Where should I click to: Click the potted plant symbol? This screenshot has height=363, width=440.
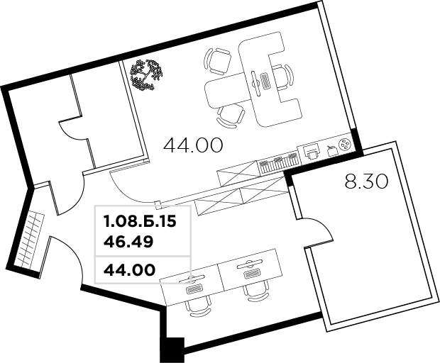tap(146, 75)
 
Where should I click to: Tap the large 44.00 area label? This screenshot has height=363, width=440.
tap(193, 145)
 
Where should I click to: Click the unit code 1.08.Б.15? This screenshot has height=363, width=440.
tap(140, 222)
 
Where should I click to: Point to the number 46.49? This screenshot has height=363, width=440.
tap(128, 242)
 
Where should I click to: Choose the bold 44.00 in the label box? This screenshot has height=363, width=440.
tap(129, 270)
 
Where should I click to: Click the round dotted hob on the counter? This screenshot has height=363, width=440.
tap(345, 145)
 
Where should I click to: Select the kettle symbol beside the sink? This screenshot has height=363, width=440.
tap(332, 150)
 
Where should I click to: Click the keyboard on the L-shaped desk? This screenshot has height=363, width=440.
tap(265, 80)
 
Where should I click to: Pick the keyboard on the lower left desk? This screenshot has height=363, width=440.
tap(194, 289)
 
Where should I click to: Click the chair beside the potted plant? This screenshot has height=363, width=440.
tap(217, 62)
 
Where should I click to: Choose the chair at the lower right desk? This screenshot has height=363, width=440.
tap(256, 291)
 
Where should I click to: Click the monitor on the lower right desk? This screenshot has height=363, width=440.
tap(249, 262)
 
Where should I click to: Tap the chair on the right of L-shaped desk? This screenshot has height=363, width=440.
tap(283, 77)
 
